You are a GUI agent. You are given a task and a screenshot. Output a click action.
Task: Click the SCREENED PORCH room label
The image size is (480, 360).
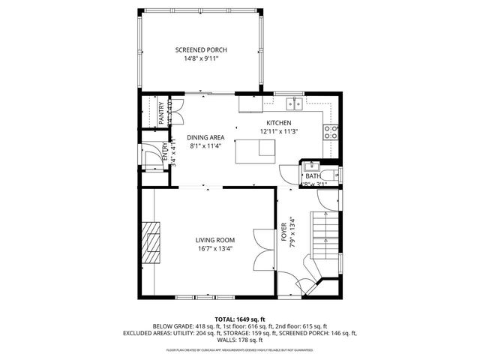point(201,50)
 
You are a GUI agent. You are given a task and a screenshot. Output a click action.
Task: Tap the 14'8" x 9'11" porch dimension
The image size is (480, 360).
point(201,59)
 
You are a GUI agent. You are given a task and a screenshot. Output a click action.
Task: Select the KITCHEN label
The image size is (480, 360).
point(278,123)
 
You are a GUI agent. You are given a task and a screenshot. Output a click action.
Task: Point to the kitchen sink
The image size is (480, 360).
point(293,103)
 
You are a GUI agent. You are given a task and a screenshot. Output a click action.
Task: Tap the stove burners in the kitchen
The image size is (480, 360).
point(330,132)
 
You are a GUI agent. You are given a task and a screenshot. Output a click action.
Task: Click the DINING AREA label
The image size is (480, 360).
point(205,137)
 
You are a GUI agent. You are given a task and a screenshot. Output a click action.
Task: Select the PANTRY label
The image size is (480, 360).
point(160,112)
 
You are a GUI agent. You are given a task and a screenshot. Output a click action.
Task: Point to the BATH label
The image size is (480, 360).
point(313,176)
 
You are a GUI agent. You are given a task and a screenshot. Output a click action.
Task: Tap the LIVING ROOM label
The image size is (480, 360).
point(215,240)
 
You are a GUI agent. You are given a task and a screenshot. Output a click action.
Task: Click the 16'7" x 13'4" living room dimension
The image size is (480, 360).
point(215,249)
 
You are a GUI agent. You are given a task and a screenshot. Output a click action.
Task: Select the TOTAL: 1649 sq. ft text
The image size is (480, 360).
point(239,319)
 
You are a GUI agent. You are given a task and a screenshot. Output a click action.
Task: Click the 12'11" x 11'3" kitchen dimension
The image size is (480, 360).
point(278,131)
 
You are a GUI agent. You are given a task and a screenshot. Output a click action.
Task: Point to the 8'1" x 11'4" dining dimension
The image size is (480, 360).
point(205,145)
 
